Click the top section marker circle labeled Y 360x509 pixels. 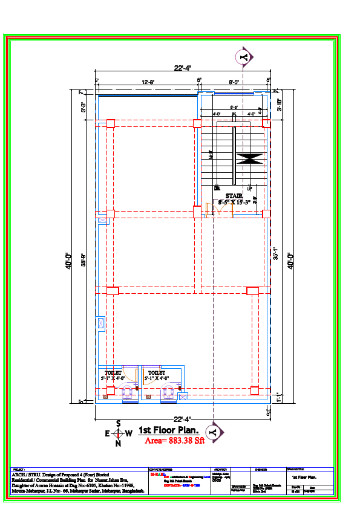[243, 57]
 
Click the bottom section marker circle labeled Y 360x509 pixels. [212, 432]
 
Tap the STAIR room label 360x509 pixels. [234, 196]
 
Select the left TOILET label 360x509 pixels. [113, 373]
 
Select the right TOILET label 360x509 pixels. [157, 373]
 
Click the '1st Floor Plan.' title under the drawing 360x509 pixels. [169, 430]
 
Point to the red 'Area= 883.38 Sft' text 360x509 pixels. [175, 441]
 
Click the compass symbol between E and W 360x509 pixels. [119, 433]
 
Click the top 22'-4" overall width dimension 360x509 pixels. [182, 68]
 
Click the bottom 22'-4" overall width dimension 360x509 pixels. [182, 419]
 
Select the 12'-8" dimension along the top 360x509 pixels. [148, 81]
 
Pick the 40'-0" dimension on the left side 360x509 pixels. [69, 260]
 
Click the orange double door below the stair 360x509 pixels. [209, 210]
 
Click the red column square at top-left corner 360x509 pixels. [110, 124]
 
